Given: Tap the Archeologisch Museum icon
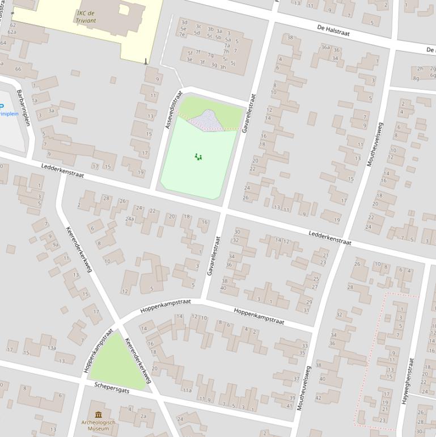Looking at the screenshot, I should click(99, 414).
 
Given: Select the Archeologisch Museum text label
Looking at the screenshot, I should click(99, 425).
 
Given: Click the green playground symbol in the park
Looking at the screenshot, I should click(198, 157).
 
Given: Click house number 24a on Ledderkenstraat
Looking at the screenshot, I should click(130, 218).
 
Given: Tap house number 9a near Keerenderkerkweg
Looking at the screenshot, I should click(56, 245).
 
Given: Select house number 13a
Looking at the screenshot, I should click(52, 348).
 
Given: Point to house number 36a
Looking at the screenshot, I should click(325, 48).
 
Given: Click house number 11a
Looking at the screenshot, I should click(187, 390).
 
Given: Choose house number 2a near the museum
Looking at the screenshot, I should click(143, 416).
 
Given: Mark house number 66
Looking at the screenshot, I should click(18, 69).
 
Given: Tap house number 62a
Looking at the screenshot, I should click(12, 32).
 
